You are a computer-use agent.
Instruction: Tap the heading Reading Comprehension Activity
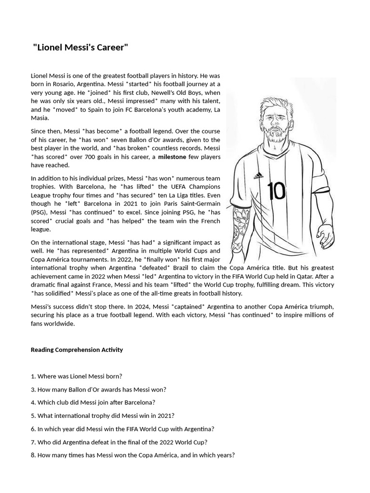[77, 350]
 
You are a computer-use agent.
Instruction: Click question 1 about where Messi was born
[76, 376]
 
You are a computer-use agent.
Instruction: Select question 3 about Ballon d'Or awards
[98, 389]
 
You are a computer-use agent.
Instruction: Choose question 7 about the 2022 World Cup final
[119, 442]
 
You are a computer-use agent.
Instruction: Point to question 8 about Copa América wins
[132, 455]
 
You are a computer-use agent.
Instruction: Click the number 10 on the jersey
[277, 191]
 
